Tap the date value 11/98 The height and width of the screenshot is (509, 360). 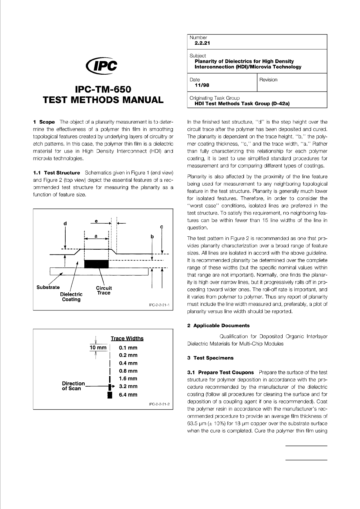point(202,85)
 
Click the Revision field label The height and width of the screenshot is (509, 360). point(268,80)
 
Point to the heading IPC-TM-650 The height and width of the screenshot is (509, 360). point(103,90)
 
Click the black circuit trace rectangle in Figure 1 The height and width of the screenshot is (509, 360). point(96,264)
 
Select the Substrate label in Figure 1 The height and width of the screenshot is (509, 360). point(48,287)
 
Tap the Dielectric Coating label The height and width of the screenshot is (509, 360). point(71,297)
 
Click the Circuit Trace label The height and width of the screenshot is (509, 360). point(104,290)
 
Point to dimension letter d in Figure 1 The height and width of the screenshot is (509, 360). point(65,223)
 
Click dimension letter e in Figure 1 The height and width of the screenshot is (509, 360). point(96,221)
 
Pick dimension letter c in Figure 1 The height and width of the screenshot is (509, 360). point(162,226)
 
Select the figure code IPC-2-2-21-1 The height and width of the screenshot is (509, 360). point(159,305)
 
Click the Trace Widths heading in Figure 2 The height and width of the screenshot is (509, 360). point(127,339)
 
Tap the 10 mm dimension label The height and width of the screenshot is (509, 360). point(98,348)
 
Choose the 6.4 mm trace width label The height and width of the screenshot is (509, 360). point(128,395)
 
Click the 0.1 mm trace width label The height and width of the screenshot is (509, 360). point(128,348)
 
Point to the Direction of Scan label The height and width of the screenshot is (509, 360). point(73,386)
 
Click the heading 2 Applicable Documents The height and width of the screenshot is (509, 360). point(219,326)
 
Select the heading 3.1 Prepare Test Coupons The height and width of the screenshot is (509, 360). point(221,372)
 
